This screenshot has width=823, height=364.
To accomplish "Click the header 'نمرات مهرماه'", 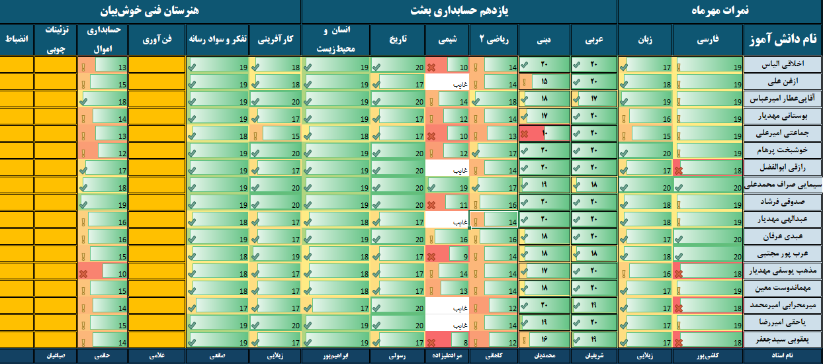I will (720, 11).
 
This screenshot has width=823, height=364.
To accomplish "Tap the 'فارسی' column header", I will (708, 40).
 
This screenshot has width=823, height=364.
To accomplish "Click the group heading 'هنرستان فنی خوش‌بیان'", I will (151, 11).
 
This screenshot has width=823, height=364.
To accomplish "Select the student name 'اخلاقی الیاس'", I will (783, 64).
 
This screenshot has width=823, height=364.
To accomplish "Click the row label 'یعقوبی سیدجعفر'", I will (783, 340).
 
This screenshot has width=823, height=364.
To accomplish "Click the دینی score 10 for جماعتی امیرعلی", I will (545, 133).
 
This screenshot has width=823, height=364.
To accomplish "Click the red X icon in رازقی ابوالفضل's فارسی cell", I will (678, 169).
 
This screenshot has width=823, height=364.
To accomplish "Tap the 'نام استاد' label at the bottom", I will (783, 357).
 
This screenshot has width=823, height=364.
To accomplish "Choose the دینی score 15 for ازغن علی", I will (545, 82).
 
